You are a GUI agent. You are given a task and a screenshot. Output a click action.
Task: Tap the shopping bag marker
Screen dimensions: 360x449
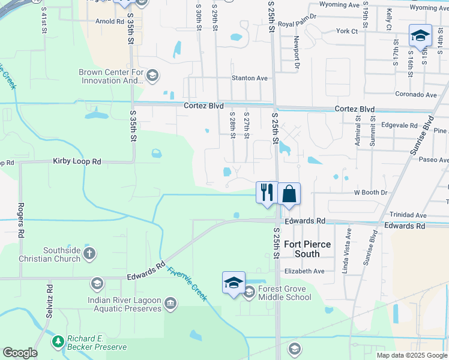click(x=289, y=194)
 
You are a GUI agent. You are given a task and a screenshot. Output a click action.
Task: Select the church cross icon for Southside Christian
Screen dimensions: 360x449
click(x=89, y=254)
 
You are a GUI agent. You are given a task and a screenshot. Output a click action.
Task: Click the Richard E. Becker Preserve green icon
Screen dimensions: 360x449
click(x=58, y=342)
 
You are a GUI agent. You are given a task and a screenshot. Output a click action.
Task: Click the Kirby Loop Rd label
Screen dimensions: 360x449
click(x=77, y=161)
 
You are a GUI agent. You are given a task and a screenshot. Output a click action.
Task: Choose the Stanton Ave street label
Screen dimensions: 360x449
click(x=250, y=78)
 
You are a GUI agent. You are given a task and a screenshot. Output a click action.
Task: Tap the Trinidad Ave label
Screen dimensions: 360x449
click(x=407, y=215)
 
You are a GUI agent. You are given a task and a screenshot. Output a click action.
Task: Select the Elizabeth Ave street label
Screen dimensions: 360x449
click(x=304, y=271)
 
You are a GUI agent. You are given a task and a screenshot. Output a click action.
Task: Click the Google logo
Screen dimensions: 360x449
click(x=20, y=353)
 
